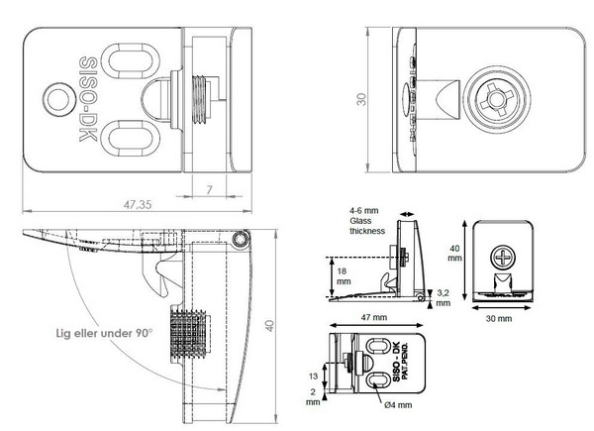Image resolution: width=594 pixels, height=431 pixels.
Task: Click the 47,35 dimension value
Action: pyautogui.click(x=138, y=205)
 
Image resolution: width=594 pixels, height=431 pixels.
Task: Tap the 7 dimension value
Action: pyautogui.click(x=209, y=189)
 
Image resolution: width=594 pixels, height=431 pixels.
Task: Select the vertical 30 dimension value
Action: pyautogui.click(x=361, y=99)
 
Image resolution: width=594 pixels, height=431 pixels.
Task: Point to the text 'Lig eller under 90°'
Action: pyautogui.click(x=104, y=333)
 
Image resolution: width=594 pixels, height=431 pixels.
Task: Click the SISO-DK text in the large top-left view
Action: pyautogui.click(x=88, y=99)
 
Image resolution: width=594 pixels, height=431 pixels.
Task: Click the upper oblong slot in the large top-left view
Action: pyautogui.click(x=130, y=61)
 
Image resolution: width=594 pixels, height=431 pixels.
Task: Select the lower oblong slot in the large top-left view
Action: pyautogui.click(x=130, y=139)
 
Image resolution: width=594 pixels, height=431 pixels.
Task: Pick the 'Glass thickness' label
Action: pyautogui.click(x=367, y=226)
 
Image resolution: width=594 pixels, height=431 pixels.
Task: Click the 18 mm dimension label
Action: pyautogui.click(x=344, y=276)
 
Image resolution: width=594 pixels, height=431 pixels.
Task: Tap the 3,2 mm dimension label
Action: pyautogui.click(x=443, y=298)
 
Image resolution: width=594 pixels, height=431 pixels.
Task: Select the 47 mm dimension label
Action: pyautogui.click(x=374, y=317)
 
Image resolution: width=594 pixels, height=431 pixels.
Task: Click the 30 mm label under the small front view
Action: pyautogui.click(x=499, y=319)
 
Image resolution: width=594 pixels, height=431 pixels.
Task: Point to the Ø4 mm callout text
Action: pyautogui.click(x=398, y=405)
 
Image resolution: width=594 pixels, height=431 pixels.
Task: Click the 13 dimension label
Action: pyautogui.click(x=313, y=377)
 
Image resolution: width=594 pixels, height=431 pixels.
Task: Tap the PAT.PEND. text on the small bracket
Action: pyautogui.click(x=405, y=362)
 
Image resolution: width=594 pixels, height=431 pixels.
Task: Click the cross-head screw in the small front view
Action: pyautogui.click(x=503, y=257)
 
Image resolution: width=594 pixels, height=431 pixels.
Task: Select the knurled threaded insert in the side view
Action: pyautogui.click(x=188, y=334)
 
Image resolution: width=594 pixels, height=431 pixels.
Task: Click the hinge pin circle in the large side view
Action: pyautogui.click(x=241, y=240)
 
